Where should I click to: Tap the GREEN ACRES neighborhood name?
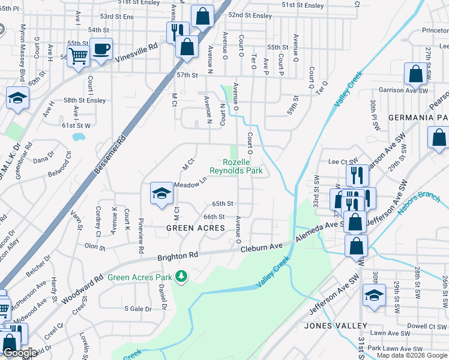[x=196, y=228]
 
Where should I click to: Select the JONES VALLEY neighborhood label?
[x=336, y=326]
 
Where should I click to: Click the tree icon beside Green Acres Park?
[x=181, y=277]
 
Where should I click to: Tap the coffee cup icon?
[x=101, y=49]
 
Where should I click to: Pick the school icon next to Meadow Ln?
[x=161, y=193]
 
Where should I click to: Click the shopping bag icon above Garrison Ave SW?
[x=415, y=74]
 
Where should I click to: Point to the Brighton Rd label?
[x=178, y=256]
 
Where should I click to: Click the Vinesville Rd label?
[x=136, y=52]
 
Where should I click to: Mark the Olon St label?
[x=95, y=246]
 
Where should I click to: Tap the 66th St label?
[x=214, y=217]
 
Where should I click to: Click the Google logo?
[x=20, y=353]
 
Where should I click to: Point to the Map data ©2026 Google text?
[x=412, y=355]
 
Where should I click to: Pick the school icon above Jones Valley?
[x=374, y=295]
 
